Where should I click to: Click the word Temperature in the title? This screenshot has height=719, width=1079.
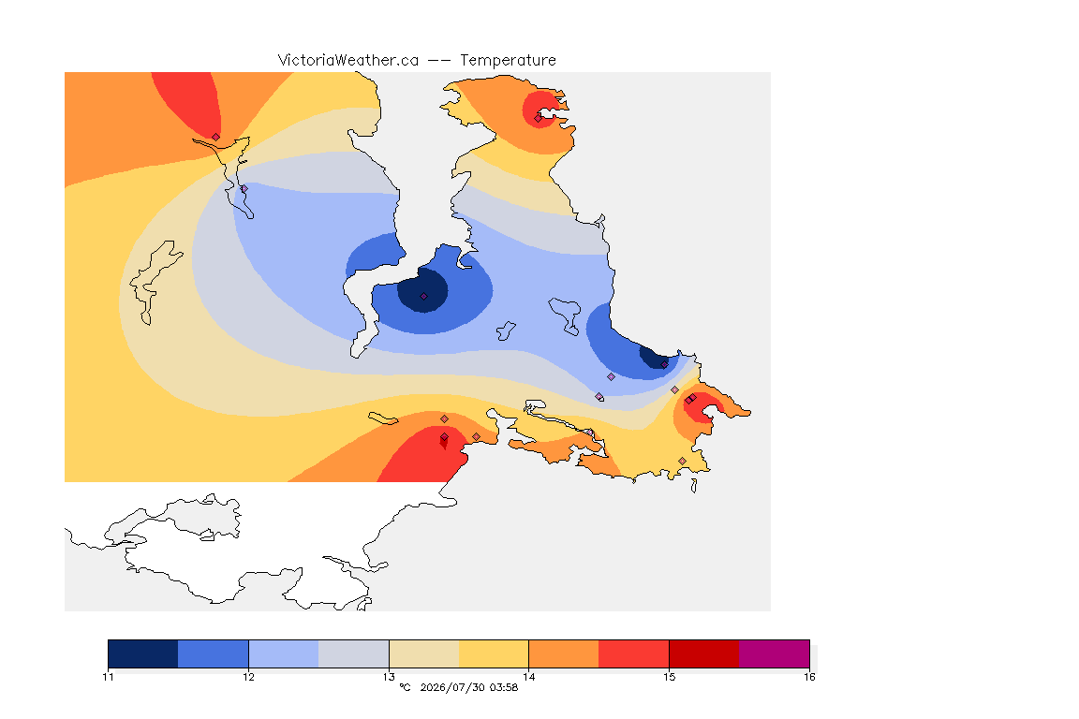[508, 61]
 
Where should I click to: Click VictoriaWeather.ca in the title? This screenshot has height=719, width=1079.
[348, 61]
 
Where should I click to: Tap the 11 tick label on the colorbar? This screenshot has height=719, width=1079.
[108, 677]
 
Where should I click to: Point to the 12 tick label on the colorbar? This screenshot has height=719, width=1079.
[248, 677]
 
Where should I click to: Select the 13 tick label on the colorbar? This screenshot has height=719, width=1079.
[389, 677]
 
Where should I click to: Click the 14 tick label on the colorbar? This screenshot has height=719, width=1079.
[528, 677]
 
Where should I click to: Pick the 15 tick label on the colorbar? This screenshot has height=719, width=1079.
[669, 677]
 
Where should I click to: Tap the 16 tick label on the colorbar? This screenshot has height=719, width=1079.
[809, 677]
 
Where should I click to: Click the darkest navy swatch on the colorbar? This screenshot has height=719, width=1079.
[143, 653]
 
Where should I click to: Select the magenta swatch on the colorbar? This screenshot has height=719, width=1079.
[775, 653]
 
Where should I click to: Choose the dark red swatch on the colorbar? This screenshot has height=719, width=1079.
[704, 653]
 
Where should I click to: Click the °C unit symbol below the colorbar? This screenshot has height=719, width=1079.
[405, 687]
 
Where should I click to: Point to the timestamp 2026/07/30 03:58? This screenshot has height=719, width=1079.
[468, 687]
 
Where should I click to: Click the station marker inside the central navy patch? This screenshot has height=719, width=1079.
[424, 297]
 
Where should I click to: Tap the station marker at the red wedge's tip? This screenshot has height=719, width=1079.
[216, 137]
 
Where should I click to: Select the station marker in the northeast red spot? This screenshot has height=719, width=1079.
[539, 118]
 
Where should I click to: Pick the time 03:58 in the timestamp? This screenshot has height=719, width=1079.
[504, 687]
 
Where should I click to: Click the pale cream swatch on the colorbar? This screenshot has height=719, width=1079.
[424, 653]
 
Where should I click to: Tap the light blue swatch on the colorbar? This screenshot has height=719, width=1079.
[284, 653]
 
